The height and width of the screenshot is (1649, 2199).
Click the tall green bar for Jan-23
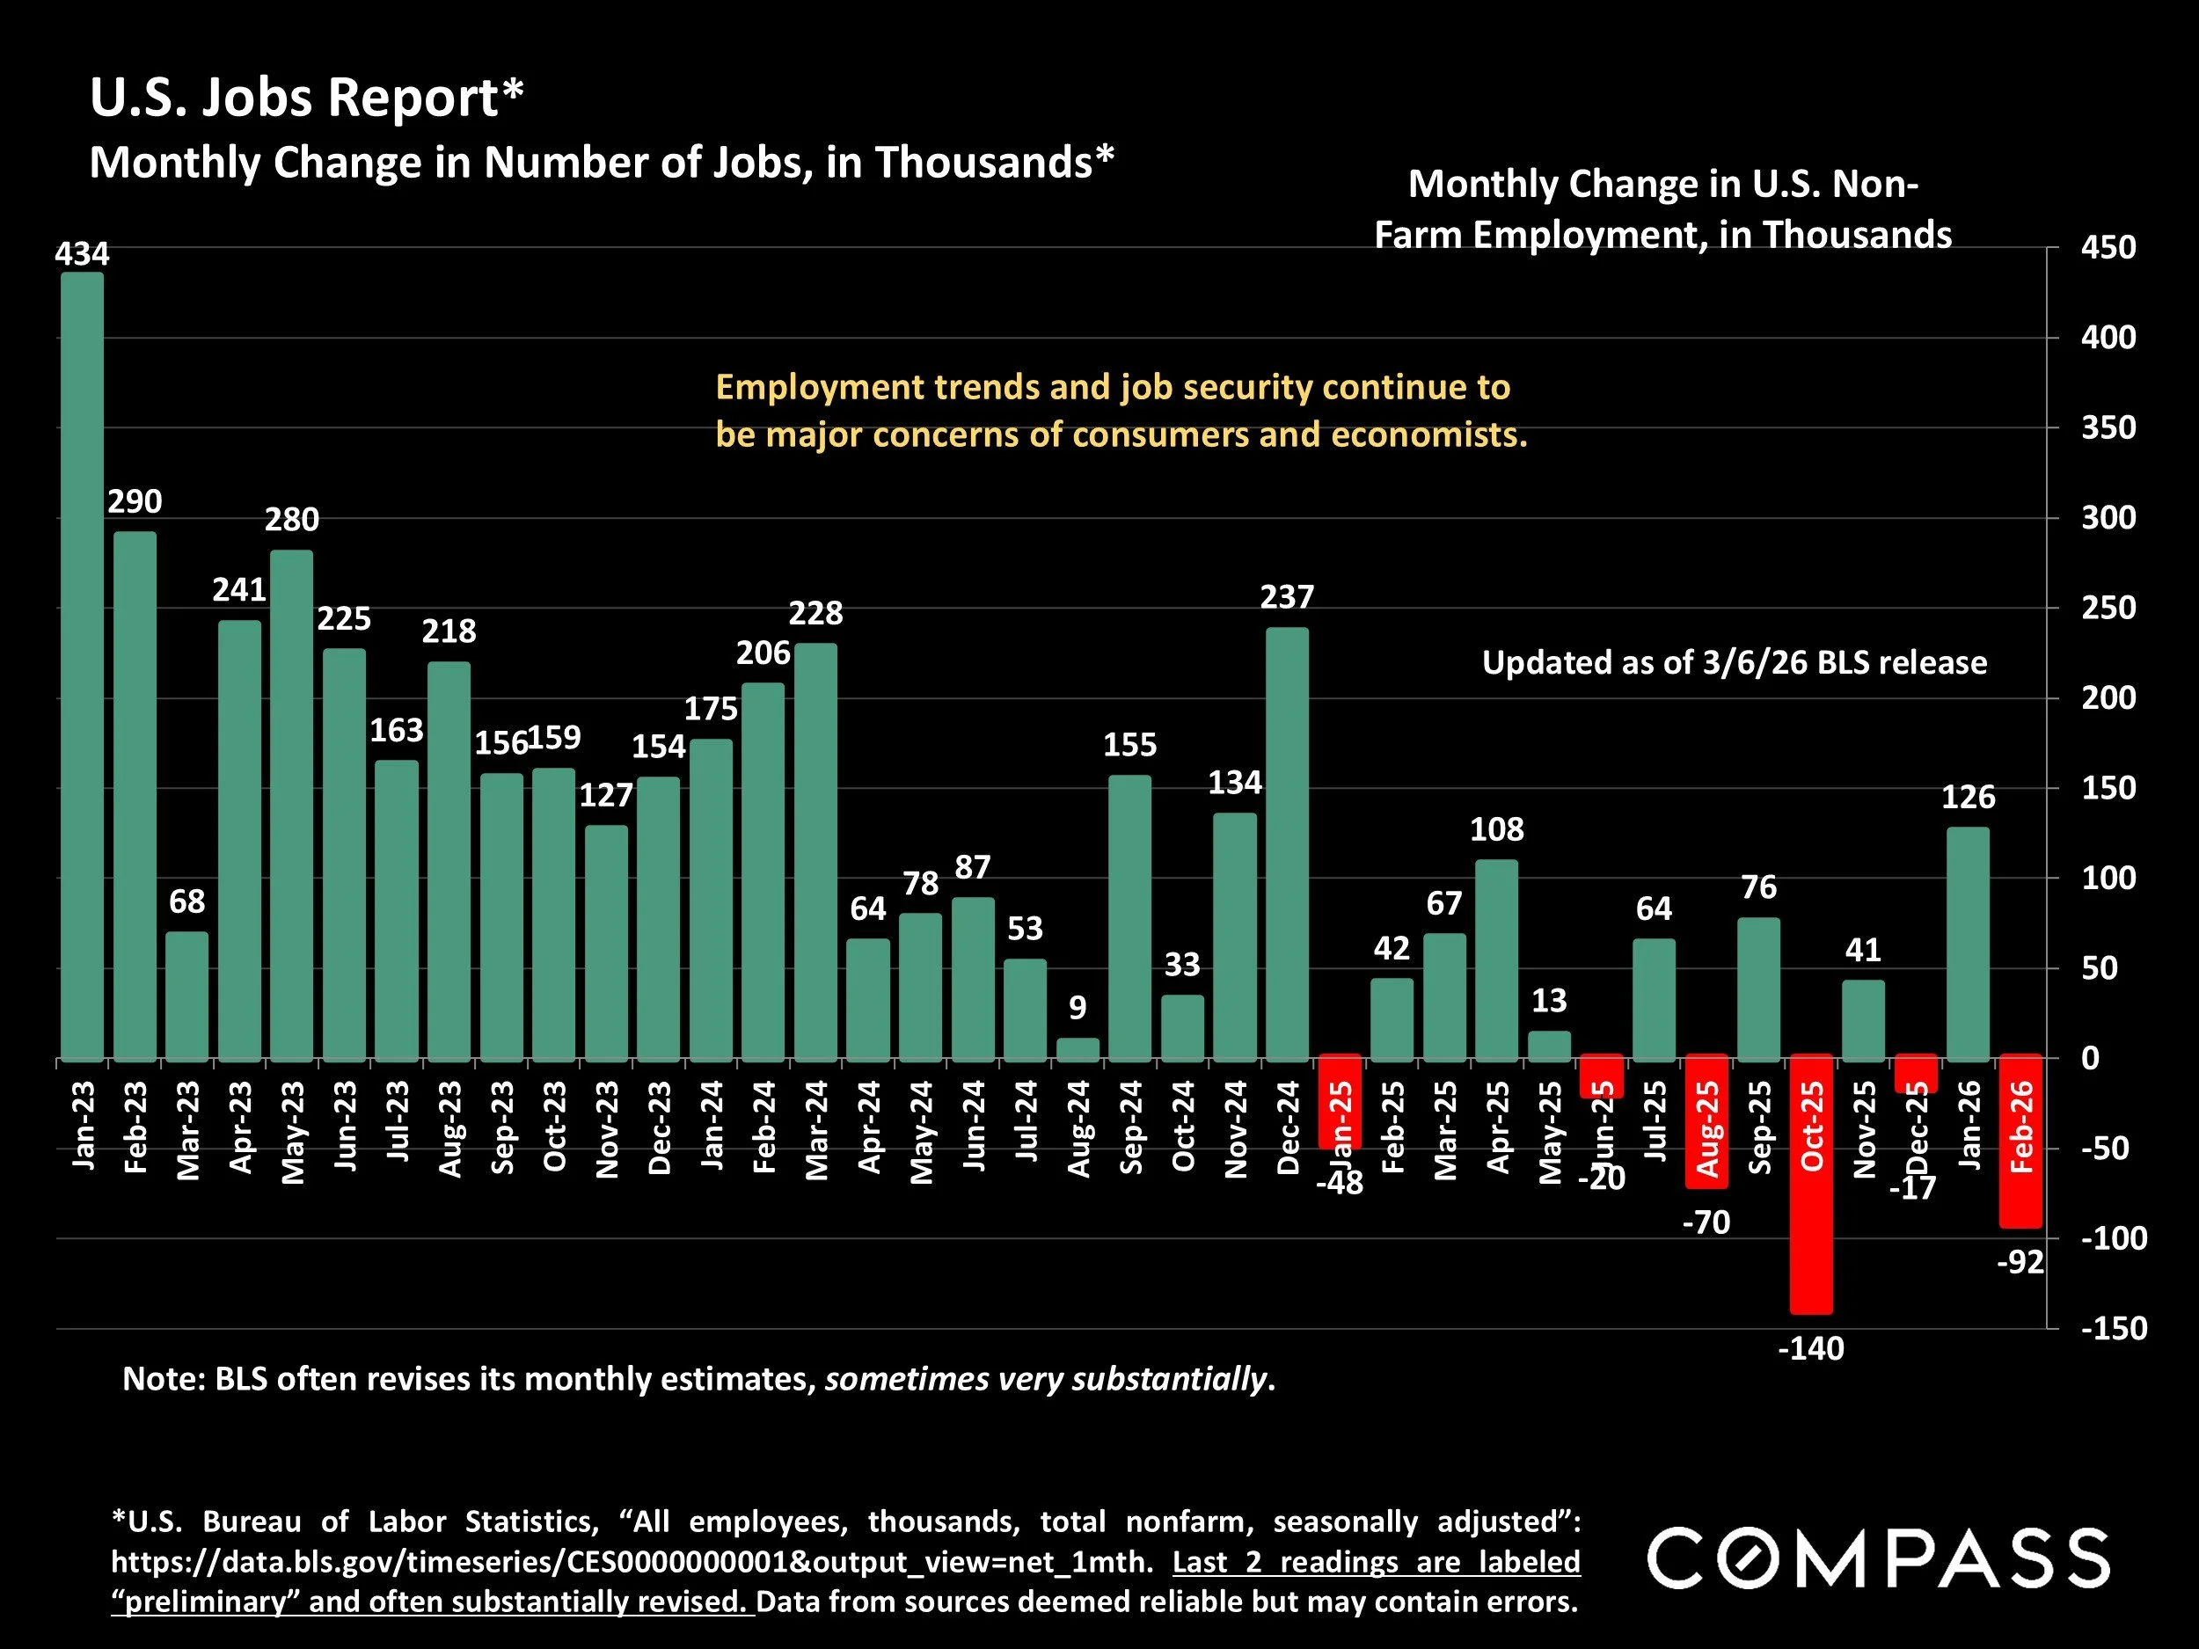tap(82, 666)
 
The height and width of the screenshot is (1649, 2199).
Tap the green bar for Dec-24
tap(1288, 845)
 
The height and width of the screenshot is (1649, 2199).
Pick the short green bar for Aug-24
tap(1078, 1049)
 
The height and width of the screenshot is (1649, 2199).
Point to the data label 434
tap(82, 253)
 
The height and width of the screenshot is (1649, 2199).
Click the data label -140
tap(1810, 1348)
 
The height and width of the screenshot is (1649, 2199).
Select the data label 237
tap(1288, 596)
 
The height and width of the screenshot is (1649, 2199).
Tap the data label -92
tap(2021, 1262)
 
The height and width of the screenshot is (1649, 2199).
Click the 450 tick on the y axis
tap(2108, 247)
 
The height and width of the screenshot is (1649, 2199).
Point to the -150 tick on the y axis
tap(2114, 1328)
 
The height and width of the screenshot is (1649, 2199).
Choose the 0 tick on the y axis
tap(2091, 1058)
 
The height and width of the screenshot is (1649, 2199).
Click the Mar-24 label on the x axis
tap(817, 1130)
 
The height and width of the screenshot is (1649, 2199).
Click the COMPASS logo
tap(1879, 1558)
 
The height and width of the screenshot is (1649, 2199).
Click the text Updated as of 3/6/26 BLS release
tap(1734, 663)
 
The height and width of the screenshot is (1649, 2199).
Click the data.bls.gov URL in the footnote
tap(632, 1562)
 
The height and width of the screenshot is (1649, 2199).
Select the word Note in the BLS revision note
tap(159, 1379)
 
